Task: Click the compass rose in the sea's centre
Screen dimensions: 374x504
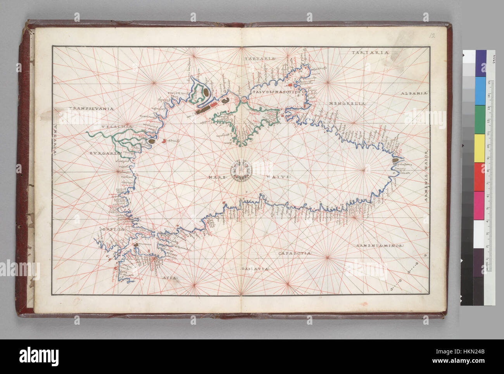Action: (241, 170)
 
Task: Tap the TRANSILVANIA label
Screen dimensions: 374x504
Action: (91, 109)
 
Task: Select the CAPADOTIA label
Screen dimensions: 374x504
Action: (295, 253)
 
